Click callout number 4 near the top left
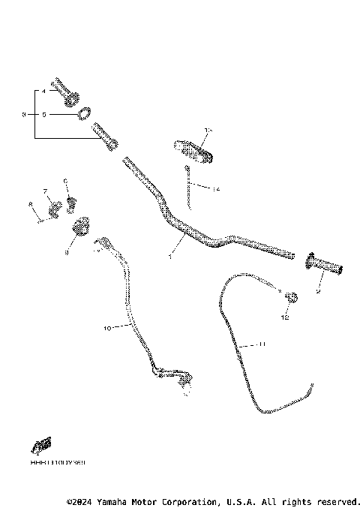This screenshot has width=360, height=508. click(x=43, y=91)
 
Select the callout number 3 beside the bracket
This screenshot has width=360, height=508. click(x=24, y=114)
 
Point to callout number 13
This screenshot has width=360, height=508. click(x=208, y=131)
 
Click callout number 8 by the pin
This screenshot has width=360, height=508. click(x=31, y=203)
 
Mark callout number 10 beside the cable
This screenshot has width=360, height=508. click(x=106, y=328)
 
